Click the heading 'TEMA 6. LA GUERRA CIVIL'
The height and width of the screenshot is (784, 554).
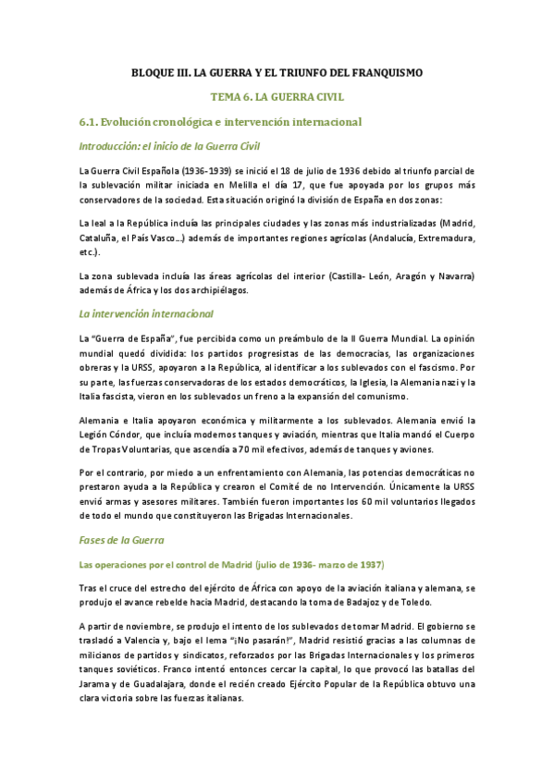[277, 96]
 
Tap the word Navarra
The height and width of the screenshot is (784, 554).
[452, 276]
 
